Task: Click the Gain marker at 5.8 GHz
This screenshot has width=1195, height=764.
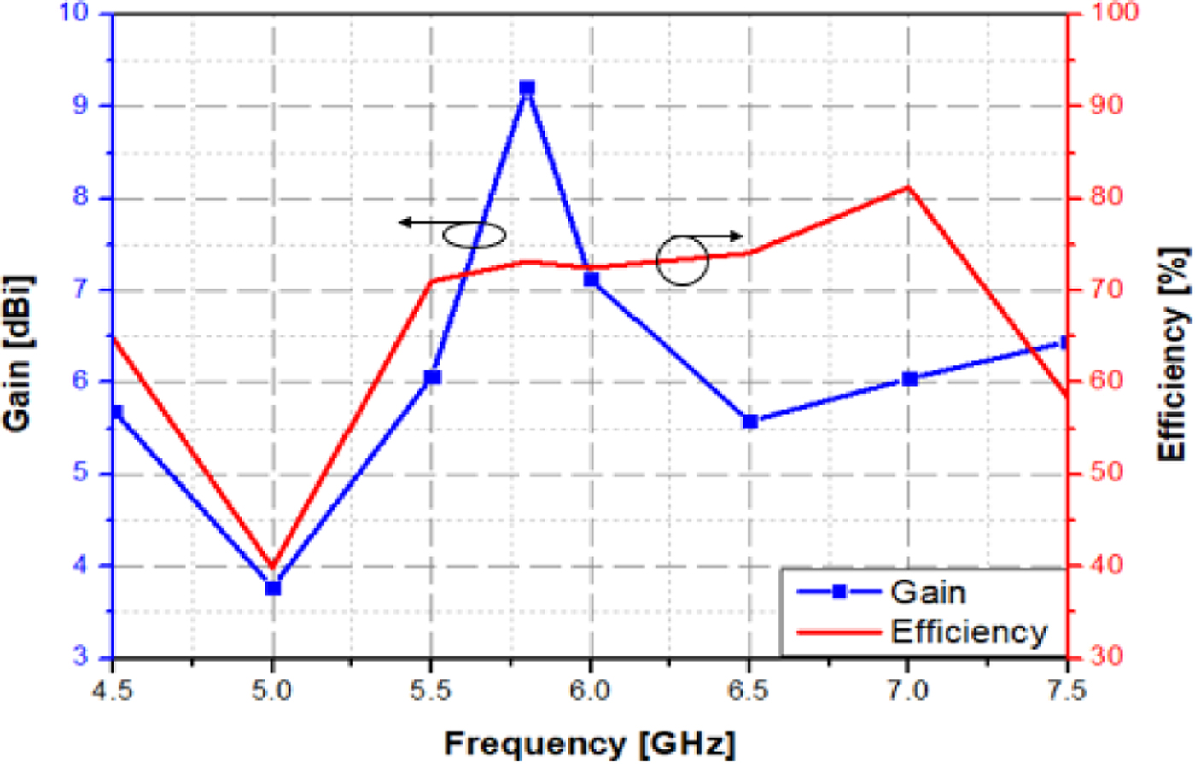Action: coord(527,88)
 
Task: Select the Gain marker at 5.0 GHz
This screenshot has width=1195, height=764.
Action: coord(273,588)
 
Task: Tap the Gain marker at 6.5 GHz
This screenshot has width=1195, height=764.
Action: coord(750,421)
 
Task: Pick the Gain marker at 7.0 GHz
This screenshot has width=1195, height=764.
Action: coord(909,379)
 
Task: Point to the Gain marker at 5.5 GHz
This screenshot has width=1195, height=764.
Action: coord(432,376)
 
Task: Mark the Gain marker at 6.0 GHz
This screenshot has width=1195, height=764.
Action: coord(591,279)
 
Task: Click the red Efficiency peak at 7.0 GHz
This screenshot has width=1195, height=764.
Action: coord(908,186)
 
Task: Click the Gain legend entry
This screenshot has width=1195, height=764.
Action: coord(927,592)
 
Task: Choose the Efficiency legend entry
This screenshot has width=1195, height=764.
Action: coord(968,632)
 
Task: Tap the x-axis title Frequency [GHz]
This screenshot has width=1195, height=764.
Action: coord(589,744)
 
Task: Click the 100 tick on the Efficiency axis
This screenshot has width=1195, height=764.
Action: coord(1105,14)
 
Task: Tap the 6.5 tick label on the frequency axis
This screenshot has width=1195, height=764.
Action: coord(749,691)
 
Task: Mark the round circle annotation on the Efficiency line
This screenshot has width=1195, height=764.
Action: coord(682,260)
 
